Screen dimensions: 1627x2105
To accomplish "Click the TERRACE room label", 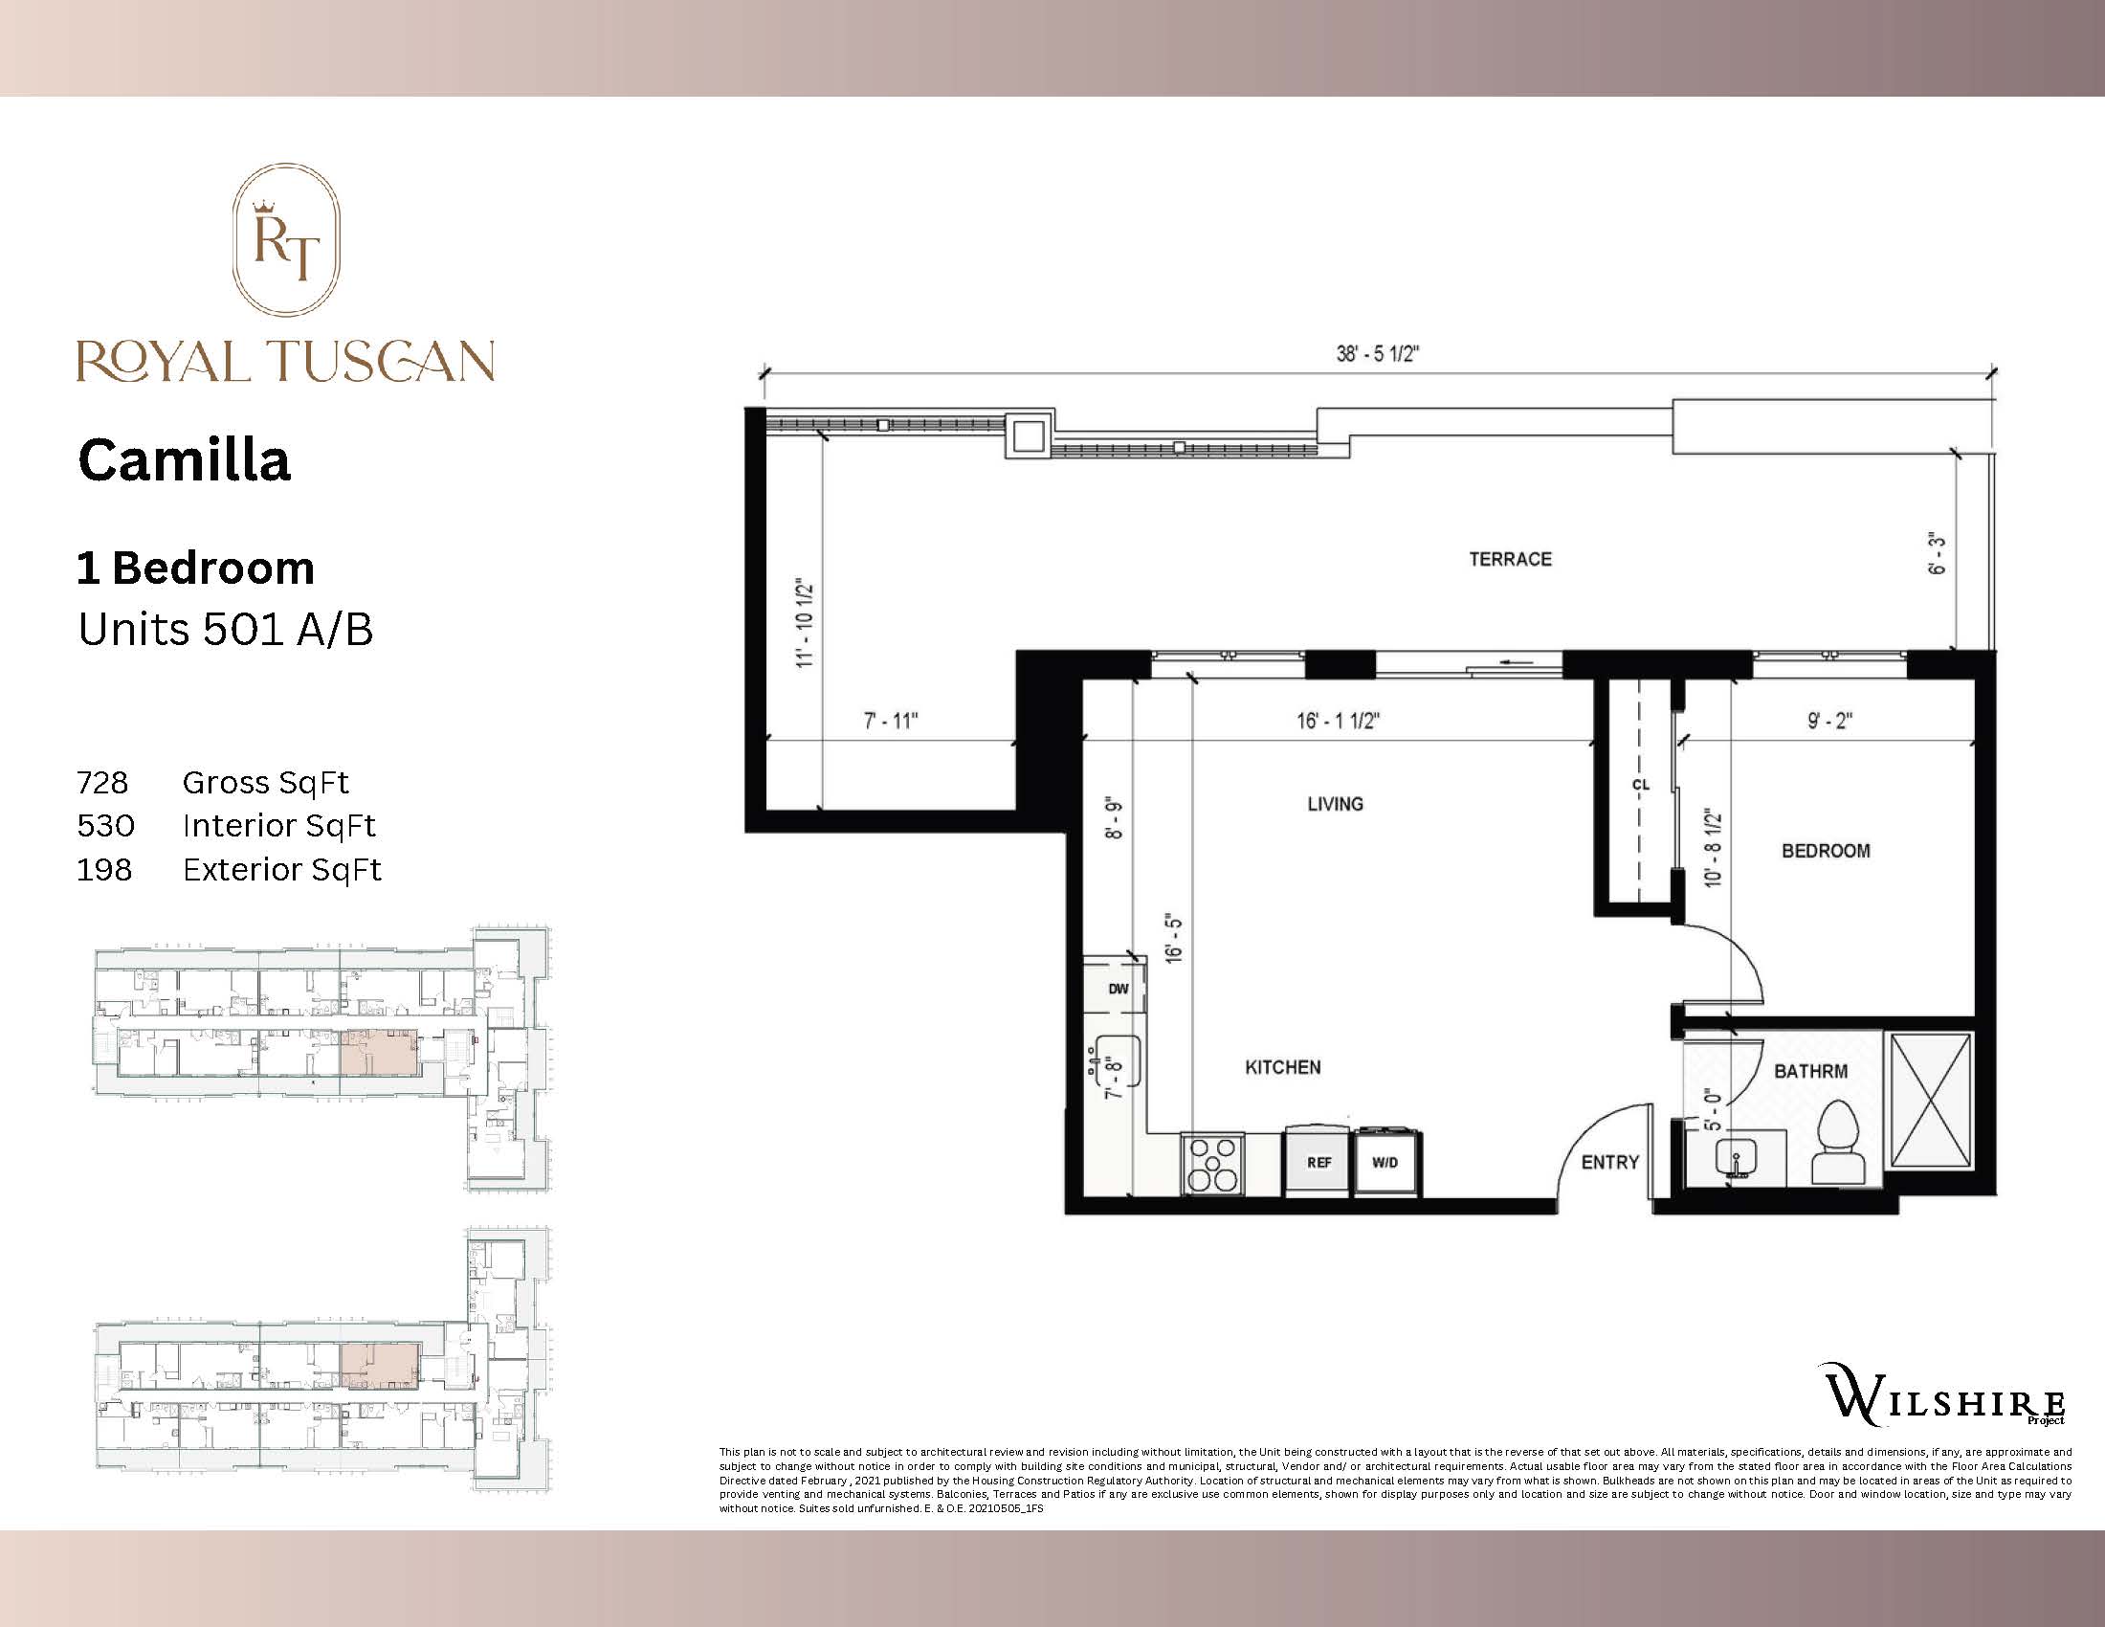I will [x=1509, y=559].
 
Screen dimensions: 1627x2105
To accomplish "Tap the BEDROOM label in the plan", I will [x=1826, y=851].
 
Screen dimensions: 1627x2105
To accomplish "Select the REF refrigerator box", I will [x=1318, y=1163].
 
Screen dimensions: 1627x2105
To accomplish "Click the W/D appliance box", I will [x=1385, y=1163].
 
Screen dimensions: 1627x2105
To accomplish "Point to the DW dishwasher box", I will [x=1117, y=989].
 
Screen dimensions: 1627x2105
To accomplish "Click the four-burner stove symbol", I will [x=1212, y=1164].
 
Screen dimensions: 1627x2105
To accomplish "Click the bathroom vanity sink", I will [x=1734, y=1158].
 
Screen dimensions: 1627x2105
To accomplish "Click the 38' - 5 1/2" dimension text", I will [x=1376, y=354].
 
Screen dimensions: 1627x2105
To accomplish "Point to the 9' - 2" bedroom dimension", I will [x=1829, y=721].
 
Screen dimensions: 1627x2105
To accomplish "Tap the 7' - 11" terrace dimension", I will [x=891, y=721].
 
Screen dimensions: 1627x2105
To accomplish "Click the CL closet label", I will [x=1640, y=785].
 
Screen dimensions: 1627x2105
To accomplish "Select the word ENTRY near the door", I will [x=1609, y=1163].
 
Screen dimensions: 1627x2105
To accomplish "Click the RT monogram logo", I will [x=286, y=240].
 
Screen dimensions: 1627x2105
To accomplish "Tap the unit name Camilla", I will [x=184, y=460].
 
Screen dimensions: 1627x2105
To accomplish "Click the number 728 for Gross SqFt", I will [x=102, y=783].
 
